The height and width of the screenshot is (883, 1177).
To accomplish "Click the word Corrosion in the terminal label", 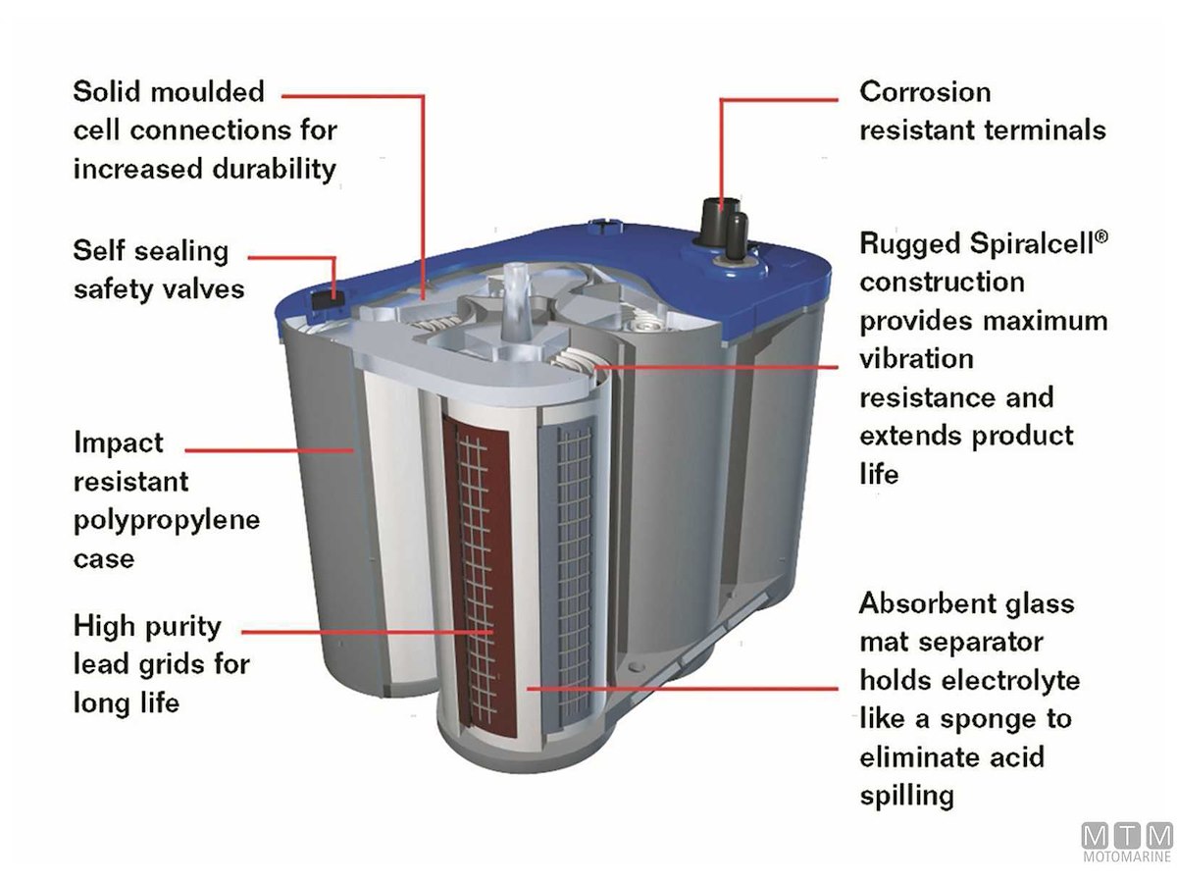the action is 925,91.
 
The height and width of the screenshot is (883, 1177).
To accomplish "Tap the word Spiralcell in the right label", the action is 1031,244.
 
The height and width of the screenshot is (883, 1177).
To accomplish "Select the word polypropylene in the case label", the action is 167,521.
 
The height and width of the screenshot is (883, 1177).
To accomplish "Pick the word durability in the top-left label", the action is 274,169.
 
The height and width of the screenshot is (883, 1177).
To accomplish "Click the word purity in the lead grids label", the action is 182,627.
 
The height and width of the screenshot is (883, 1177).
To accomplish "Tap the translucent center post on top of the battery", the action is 515,301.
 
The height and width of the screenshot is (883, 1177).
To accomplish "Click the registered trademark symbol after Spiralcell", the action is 1100,237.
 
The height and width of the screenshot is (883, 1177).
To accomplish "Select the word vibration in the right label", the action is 916,359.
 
